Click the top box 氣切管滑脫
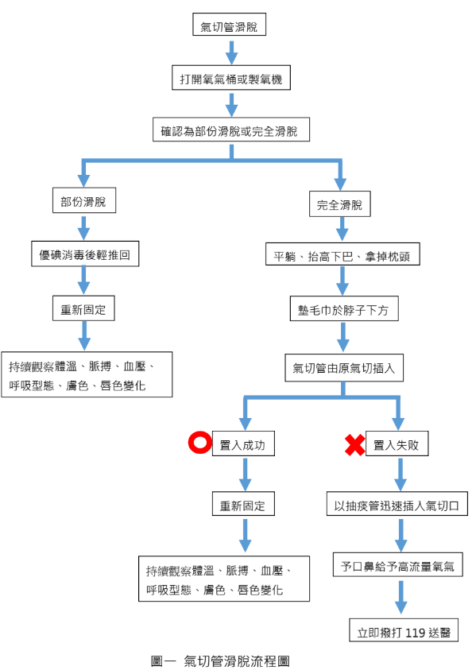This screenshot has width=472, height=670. tap(230, 25)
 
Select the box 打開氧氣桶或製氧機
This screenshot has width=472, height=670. tap(230, 79)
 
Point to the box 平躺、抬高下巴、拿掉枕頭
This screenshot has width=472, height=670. tap(342, 256)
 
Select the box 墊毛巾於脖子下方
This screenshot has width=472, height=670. tap(343, 310)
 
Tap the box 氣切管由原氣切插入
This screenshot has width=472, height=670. tap(343, 368)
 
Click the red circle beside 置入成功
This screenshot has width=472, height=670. tap(197, 445)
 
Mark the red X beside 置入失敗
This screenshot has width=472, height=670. tap(354, 446)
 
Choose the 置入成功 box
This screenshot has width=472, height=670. tap(243, 446)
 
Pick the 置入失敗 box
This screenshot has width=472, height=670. tap(398, 446)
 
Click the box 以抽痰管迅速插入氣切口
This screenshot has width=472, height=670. tap(397, 505)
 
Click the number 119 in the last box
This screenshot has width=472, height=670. tap(416, 632)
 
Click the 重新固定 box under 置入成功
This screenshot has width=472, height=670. tap(243, 505)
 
